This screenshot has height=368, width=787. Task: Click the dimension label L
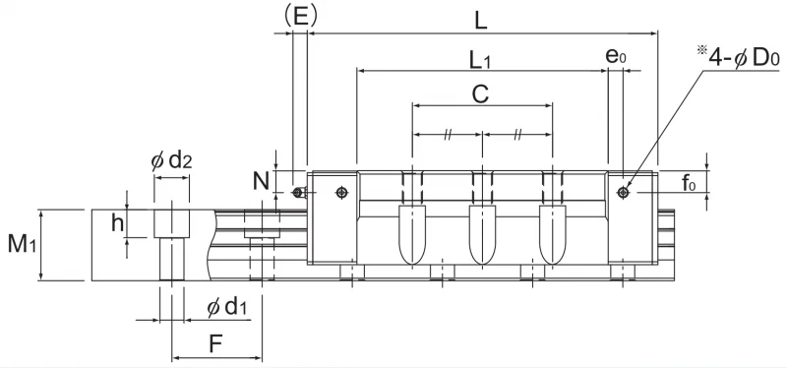tap(481, 21)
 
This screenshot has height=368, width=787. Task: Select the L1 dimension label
tap(480, 61)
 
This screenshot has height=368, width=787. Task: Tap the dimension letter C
tap(480, 93)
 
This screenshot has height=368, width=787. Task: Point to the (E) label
tap(300, 16)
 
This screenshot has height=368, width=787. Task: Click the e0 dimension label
tap(616, 56)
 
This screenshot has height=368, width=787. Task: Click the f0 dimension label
tap(689, 183)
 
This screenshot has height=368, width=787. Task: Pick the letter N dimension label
tap(261, 181)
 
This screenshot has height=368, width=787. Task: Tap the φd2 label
tap(171, 160)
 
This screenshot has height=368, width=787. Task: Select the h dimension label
tap(117, 223)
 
